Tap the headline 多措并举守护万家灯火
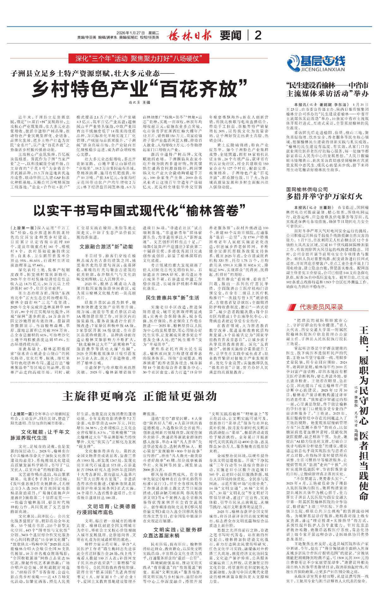tap(324, 196)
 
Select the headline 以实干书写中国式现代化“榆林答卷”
tap(139, 211)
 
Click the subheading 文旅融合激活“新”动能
tap(106, 246)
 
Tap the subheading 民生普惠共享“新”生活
tap(172, 297)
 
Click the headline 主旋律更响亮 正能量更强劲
tap(139, 396)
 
